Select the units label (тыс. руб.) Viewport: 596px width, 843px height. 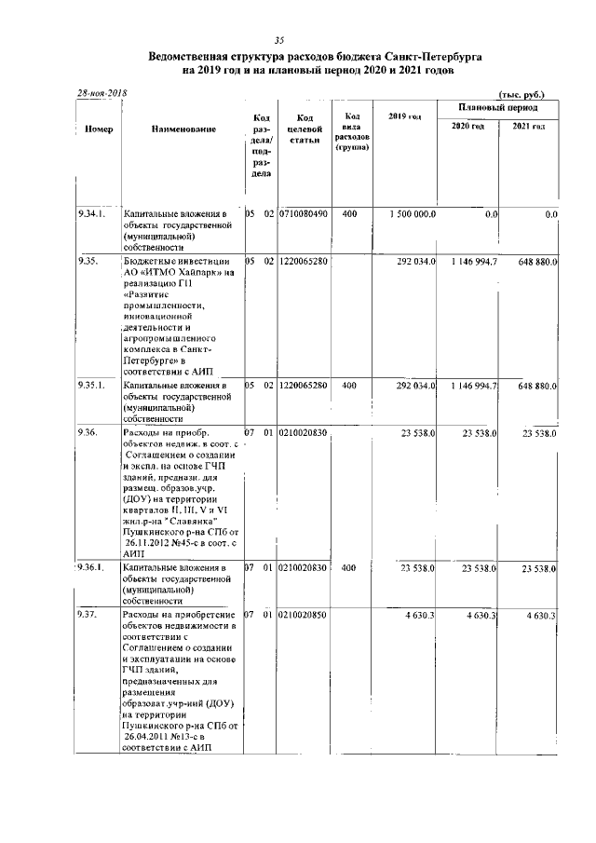pos(521,95)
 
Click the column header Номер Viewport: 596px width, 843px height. pos(97,129)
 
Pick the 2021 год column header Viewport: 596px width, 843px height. pos(529,126)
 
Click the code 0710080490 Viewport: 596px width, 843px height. pos(304,214)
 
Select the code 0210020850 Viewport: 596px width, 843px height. pos(304,615)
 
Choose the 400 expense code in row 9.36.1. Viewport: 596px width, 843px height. pos(349,567)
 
